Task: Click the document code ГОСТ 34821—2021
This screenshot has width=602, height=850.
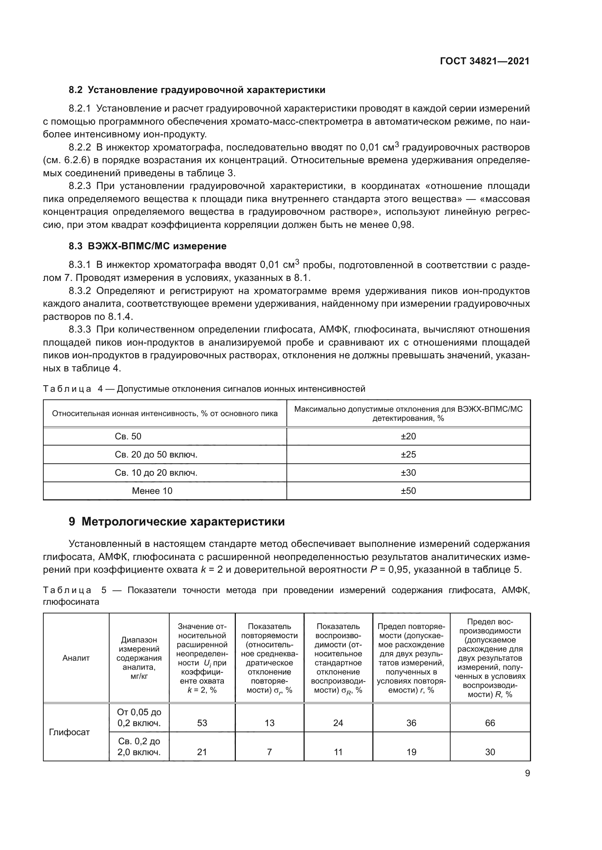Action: [x=484, y=61]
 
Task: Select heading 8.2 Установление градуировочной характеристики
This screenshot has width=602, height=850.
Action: [x=197, y=90]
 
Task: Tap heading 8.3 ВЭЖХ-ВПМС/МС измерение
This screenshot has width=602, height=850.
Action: [x=147, y=246]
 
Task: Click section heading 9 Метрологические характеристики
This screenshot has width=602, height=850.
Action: [x=177, y=521]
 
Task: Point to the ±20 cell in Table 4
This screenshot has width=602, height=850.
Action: [x=408, y=436]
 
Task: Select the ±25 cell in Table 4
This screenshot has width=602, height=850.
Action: [x=408, y=454]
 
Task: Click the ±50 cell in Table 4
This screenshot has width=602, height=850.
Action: [x=408, y=491]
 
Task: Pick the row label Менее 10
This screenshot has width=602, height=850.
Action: [x=152, y=491]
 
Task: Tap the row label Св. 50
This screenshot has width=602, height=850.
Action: [x=128, y=436]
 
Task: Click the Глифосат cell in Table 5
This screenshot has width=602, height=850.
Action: [x=69, y=732]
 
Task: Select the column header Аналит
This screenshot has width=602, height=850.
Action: [x=76, y=658]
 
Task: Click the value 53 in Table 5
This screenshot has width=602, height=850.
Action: [x=202, y=723]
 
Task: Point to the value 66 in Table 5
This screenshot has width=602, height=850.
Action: [x=490, y=723]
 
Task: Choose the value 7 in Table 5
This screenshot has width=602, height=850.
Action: [x=269, y=752]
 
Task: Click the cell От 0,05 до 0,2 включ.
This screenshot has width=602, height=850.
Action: [x=139, y=718]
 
